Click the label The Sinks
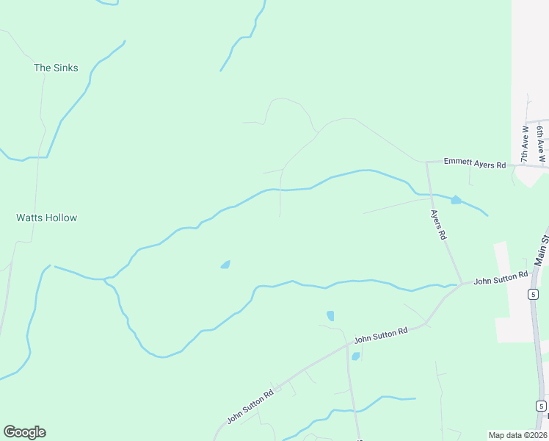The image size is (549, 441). [56, 68]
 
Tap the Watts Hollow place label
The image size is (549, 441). [46, 218]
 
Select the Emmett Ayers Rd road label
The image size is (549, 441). [475, 163]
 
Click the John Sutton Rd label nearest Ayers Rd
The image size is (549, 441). [501, 278]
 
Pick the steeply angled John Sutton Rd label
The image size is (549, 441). [250, 406]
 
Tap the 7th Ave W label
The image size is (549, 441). [525, 144]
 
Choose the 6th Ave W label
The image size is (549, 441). [541, 144]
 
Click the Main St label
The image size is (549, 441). [542, 249]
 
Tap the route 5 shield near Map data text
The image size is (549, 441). [541, 406]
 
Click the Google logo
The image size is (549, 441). [24, 432]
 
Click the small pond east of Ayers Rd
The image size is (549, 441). [456, 199]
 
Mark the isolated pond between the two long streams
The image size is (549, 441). [225, 265]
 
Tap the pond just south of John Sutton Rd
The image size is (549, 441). [355, 356]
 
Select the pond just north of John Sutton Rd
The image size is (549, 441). [330, 316]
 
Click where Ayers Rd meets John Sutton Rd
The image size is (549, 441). [461, 283]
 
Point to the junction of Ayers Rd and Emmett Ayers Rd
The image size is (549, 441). [427, 162]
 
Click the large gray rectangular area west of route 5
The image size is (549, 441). [513, 294]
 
